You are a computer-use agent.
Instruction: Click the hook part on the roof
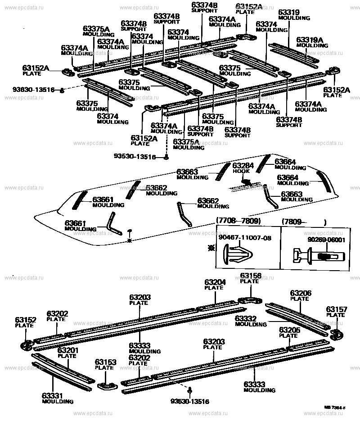pyautogui.click(x=246, y=181)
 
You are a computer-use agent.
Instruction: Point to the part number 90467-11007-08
pyautogui.click(x=245, y=237)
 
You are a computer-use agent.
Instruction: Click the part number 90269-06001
pyautogui.click(x=326, y=240)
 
